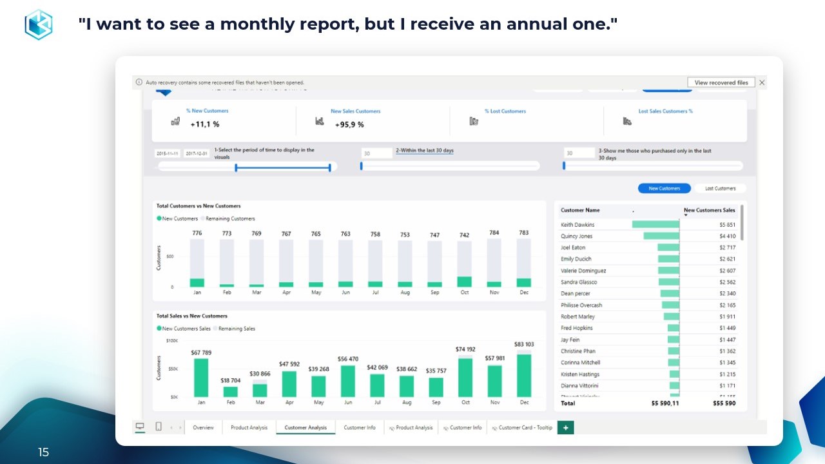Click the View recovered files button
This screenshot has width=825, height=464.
[721, 82]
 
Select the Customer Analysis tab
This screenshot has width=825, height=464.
[306, 427]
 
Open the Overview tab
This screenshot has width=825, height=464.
[203, 427]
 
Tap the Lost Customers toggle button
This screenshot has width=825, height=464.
[720, 188]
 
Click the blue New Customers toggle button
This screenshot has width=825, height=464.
[664, 188]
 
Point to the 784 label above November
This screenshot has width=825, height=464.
[494, 233]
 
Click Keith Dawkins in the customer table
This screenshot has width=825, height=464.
[577, 225]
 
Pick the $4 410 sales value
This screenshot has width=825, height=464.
[727, 237]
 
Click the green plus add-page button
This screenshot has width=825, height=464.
[565, 427]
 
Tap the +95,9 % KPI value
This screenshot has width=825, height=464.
[349, 124]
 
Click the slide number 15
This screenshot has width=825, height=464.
[43, 452]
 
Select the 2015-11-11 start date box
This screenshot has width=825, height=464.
[168, 153]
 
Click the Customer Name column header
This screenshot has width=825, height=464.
[580, 210]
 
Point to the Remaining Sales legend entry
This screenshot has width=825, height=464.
[236, 329]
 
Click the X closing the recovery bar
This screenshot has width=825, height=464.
[762, 82]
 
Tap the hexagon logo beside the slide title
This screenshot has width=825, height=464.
[38, 24]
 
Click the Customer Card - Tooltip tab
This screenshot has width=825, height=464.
[525, 427]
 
